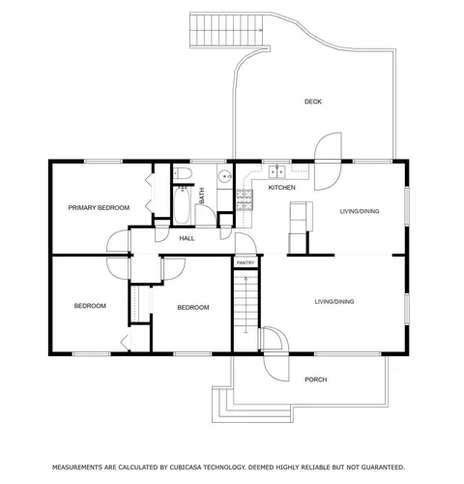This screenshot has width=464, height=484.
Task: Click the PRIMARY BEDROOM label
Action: [x=99, y=207]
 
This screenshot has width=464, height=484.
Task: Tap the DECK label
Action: [x=313, y=102]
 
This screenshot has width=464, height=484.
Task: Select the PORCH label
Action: [x=316, y=379]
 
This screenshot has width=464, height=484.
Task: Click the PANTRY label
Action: [x=246, y=263]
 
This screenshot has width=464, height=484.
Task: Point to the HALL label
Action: [x=187, y=238]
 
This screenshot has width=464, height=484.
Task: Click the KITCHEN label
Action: [x=282, y=188]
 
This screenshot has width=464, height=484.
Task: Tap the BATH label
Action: [x=202, y=196]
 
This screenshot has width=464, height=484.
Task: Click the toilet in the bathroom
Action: [x=183, y=173]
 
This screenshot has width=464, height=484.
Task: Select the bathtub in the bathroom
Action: [x=182, y=205]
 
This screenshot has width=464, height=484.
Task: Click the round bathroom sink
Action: [x=224, y=176]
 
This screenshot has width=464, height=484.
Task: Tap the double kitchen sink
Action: [x=277, y=171]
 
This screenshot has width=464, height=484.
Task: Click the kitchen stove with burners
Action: [x=245, y=200]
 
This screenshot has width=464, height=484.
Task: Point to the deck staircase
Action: [x=226, y=30]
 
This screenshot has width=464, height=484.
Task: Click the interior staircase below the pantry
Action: [x=246, y=302]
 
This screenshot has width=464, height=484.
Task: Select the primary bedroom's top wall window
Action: [x=103, y=161]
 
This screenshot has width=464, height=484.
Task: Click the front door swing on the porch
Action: [x=276, y=368]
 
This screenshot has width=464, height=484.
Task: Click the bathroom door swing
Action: [x=206, y=215]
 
